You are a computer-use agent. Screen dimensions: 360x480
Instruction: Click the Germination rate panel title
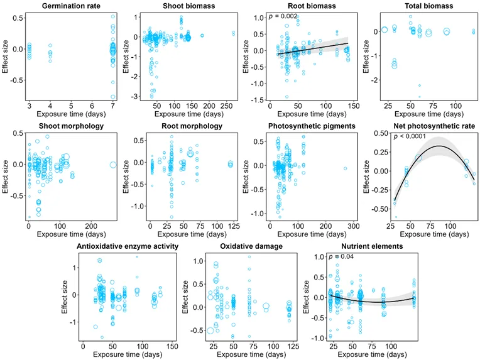pyautogui.click(x=71, y=6)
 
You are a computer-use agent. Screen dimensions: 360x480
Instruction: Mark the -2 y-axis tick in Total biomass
pyautogui.click(x=375, y=80)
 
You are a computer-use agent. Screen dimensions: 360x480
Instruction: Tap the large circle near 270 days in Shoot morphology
pyautogui.click(x=113, y=165)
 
